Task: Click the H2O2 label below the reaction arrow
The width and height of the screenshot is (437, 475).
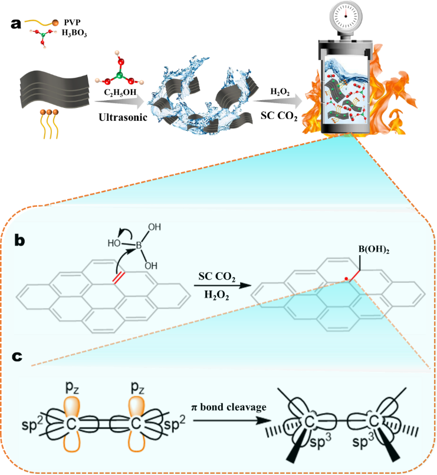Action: pos(215,298)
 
